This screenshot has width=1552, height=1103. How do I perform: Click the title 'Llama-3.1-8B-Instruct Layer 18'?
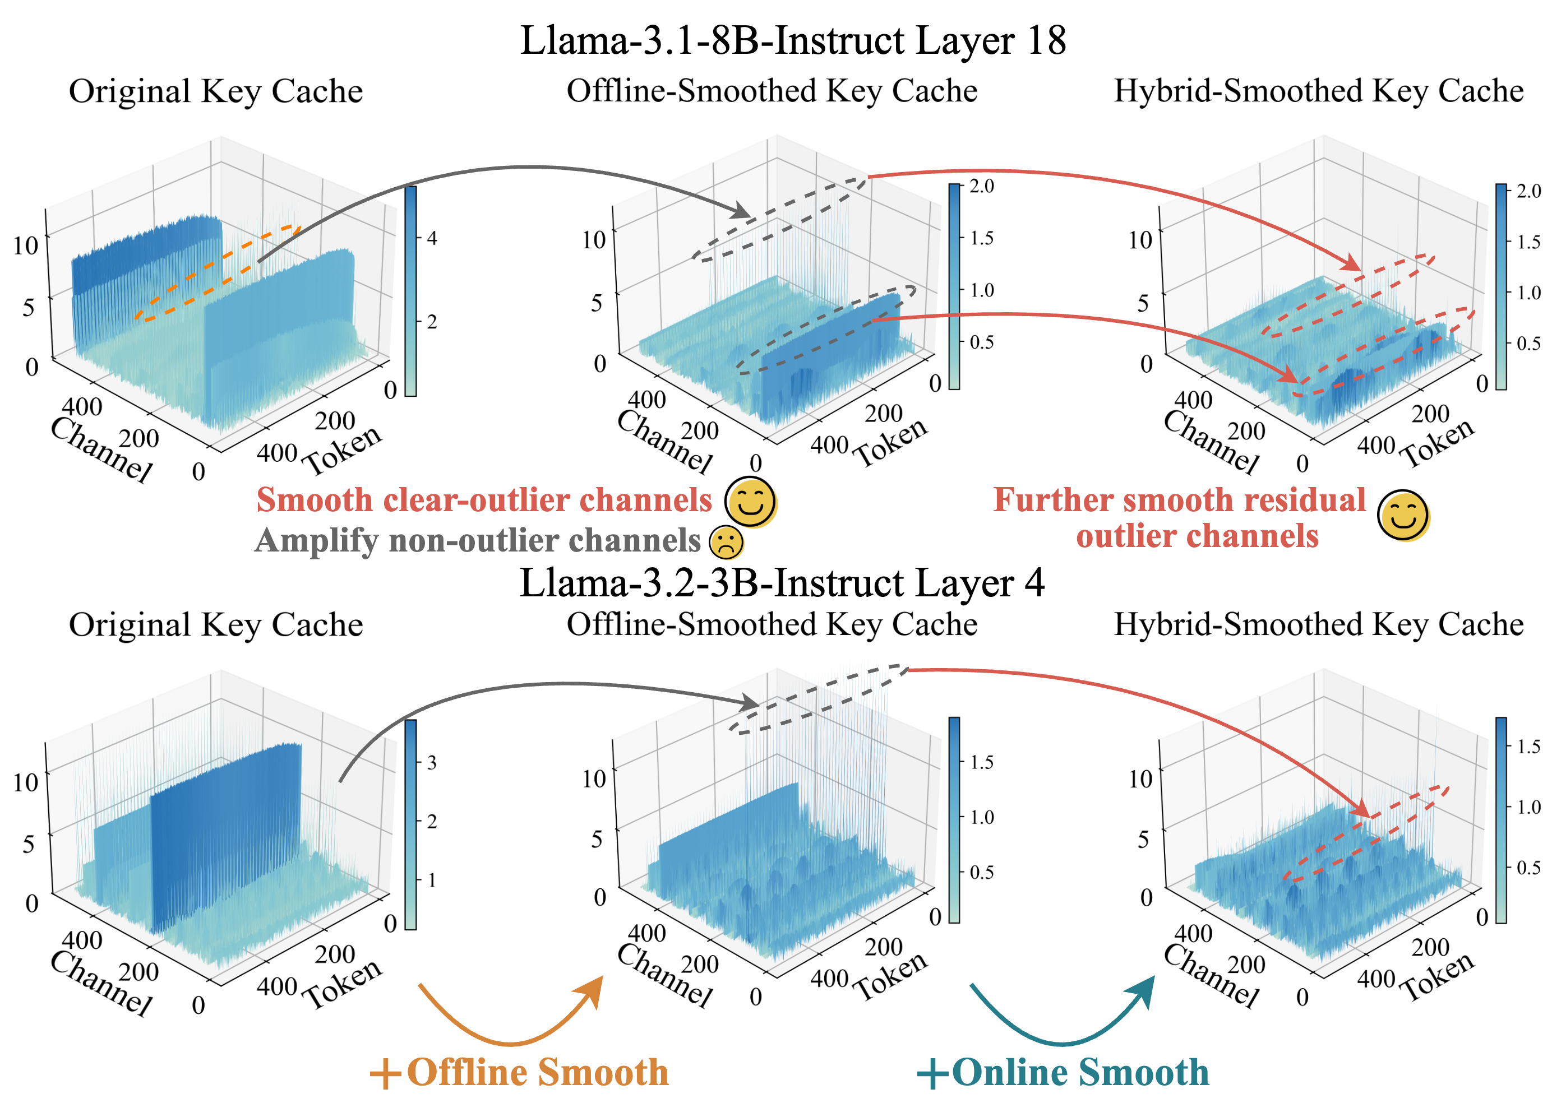(x=792, y=41)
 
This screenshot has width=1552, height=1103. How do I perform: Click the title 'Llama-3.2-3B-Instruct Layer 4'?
(x=782, y=583)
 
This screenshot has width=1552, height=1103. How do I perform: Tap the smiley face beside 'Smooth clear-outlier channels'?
(x=751, y=503)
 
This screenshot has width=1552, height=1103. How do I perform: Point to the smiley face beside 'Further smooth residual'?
(x=1403, y=515)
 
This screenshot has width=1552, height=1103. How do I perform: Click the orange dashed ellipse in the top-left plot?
(x=218, y=272)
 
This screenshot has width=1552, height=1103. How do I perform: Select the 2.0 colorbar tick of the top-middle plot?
(x=981, y=186)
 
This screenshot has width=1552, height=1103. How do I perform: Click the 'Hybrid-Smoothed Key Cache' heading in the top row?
(x=1318, y=91)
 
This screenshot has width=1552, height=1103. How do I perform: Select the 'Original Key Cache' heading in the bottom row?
(x=216, y=625)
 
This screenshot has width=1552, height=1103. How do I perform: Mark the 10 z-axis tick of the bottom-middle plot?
(x=594, y=778)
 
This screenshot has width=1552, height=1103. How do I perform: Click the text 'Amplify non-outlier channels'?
(x=478, y=541)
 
